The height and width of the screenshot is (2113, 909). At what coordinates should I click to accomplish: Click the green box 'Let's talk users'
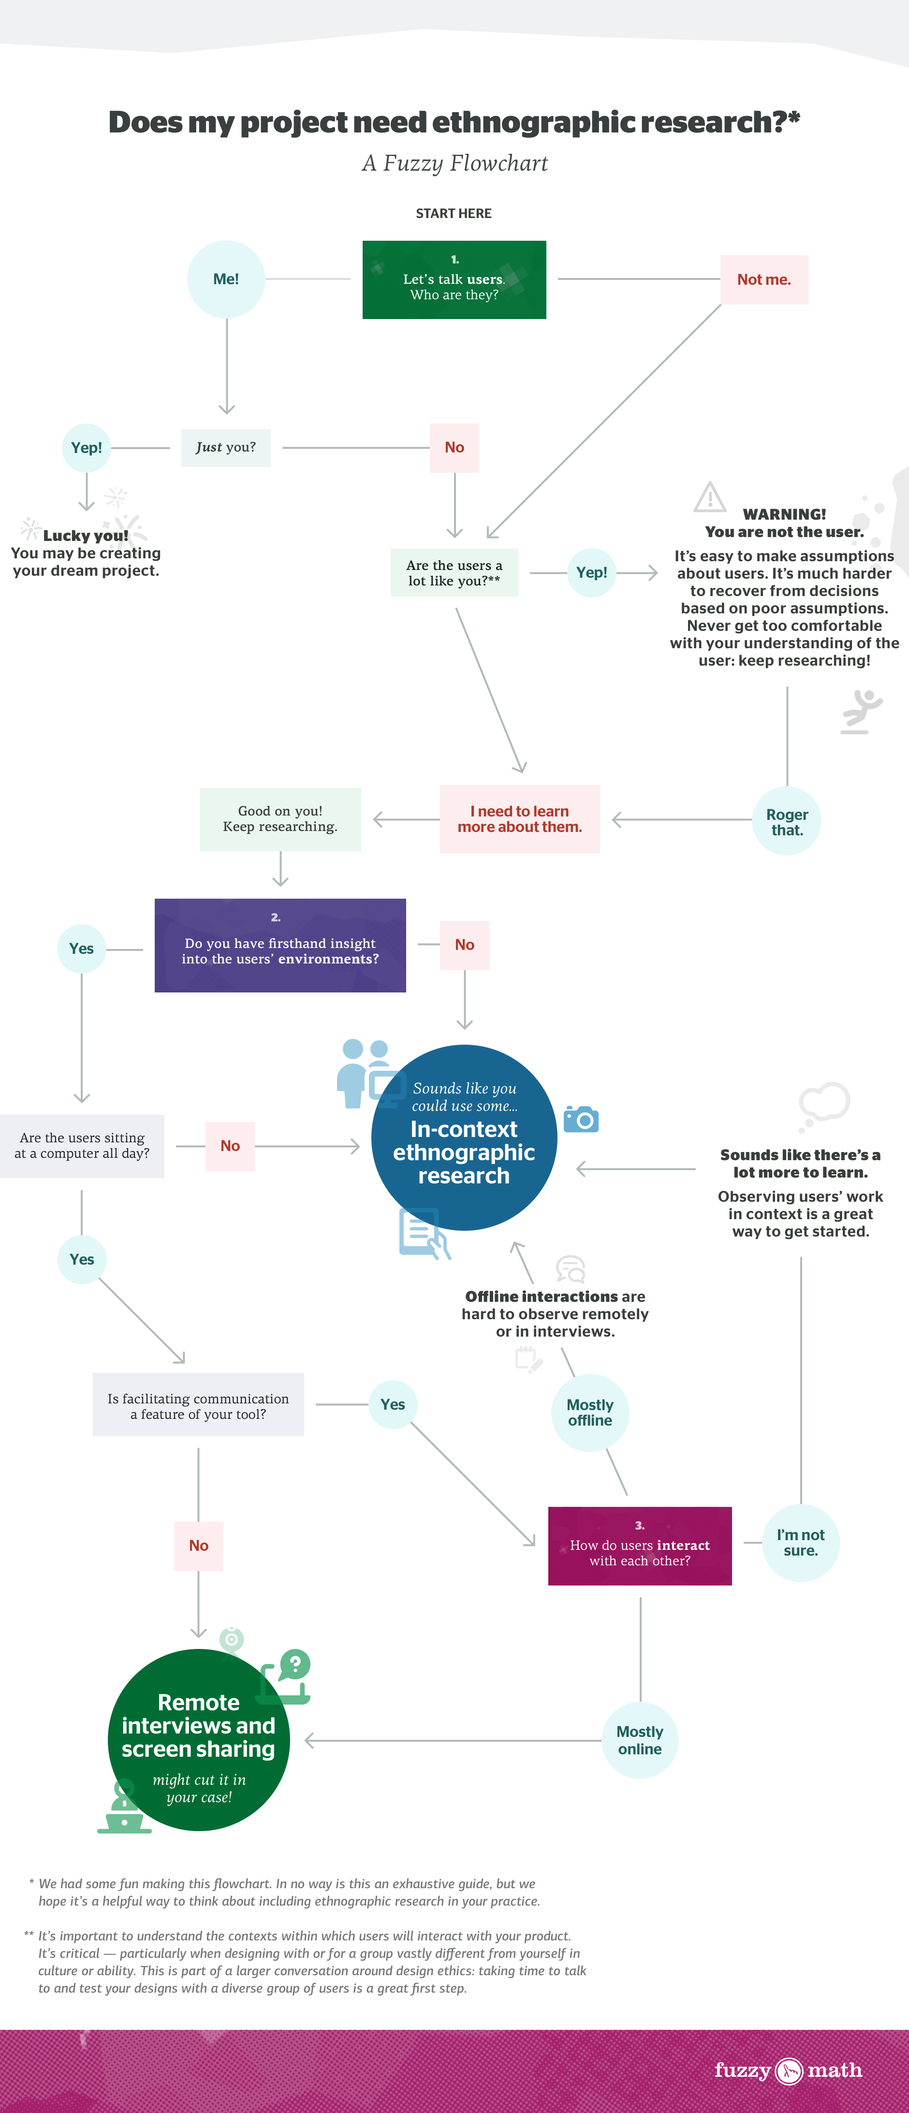pos(454,280)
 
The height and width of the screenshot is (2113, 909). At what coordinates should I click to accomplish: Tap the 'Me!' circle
pos(226,279)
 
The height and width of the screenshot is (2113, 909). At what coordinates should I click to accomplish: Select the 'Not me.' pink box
pos(764,280)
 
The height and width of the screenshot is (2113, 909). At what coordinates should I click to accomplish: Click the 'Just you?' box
pos(226,448)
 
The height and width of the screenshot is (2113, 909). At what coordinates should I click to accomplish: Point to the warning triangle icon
pos(710,497)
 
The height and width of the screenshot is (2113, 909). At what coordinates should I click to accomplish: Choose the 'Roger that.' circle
pos(787,822)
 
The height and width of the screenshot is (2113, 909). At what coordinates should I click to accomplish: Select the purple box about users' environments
pos(280,946)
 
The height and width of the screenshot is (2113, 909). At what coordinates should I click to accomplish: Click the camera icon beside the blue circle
pos(582,1119)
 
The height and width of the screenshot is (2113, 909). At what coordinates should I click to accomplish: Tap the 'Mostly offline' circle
pos(590,1413)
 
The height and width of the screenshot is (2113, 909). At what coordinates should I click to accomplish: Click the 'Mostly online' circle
pos(640,1740)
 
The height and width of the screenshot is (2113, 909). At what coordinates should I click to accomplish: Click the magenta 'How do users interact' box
pos(640,1546)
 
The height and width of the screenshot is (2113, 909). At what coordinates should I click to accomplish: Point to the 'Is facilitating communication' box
pos(198,1405)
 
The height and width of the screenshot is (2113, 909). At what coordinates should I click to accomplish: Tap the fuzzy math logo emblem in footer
pos(789,2071)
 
